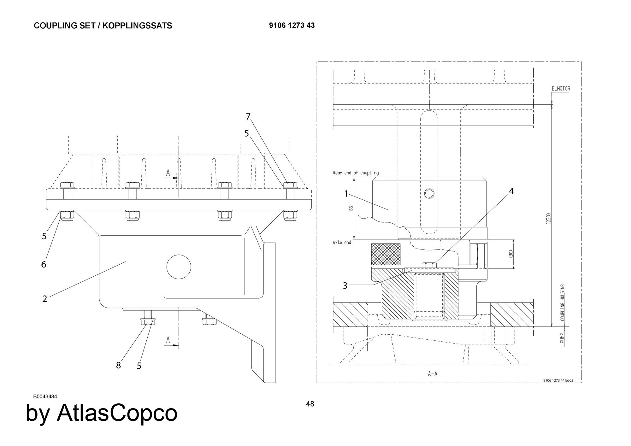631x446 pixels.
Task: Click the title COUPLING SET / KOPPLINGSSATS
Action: coord(103,26)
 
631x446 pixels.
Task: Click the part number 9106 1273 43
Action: coord(292,26)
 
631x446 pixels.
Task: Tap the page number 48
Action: coord(310,404)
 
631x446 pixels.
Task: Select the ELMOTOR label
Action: coord(561,89)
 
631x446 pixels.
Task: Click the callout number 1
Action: coord(346,194)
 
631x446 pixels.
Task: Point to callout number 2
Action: coord(44,298)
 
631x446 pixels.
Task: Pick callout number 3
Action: coord(345,285)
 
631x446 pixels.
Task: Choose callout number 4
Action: coord(511,191)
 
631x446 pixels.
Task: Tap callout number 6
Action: coord(44,264)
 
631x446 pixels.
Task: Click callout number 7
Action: coord(248,117)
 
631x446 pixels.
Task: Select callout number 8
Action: coord(118,365)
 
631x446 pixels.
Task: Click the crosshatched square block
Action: coord(386,254)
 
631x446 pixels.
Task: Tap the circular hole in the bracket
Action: coord(179,267)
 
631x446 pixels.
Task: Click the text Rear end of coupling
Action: coord(356,173)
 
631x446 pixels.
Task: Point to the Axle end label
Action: coord(342,243)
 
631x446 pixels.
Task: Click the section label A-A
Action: coord(433,374)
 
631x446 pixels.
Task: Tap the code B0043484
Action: coord(45,396)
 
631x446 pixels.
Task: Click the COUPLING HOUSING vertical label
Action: coord(563,302)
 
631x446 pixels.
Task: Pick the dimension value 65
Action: coord(351,208)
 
